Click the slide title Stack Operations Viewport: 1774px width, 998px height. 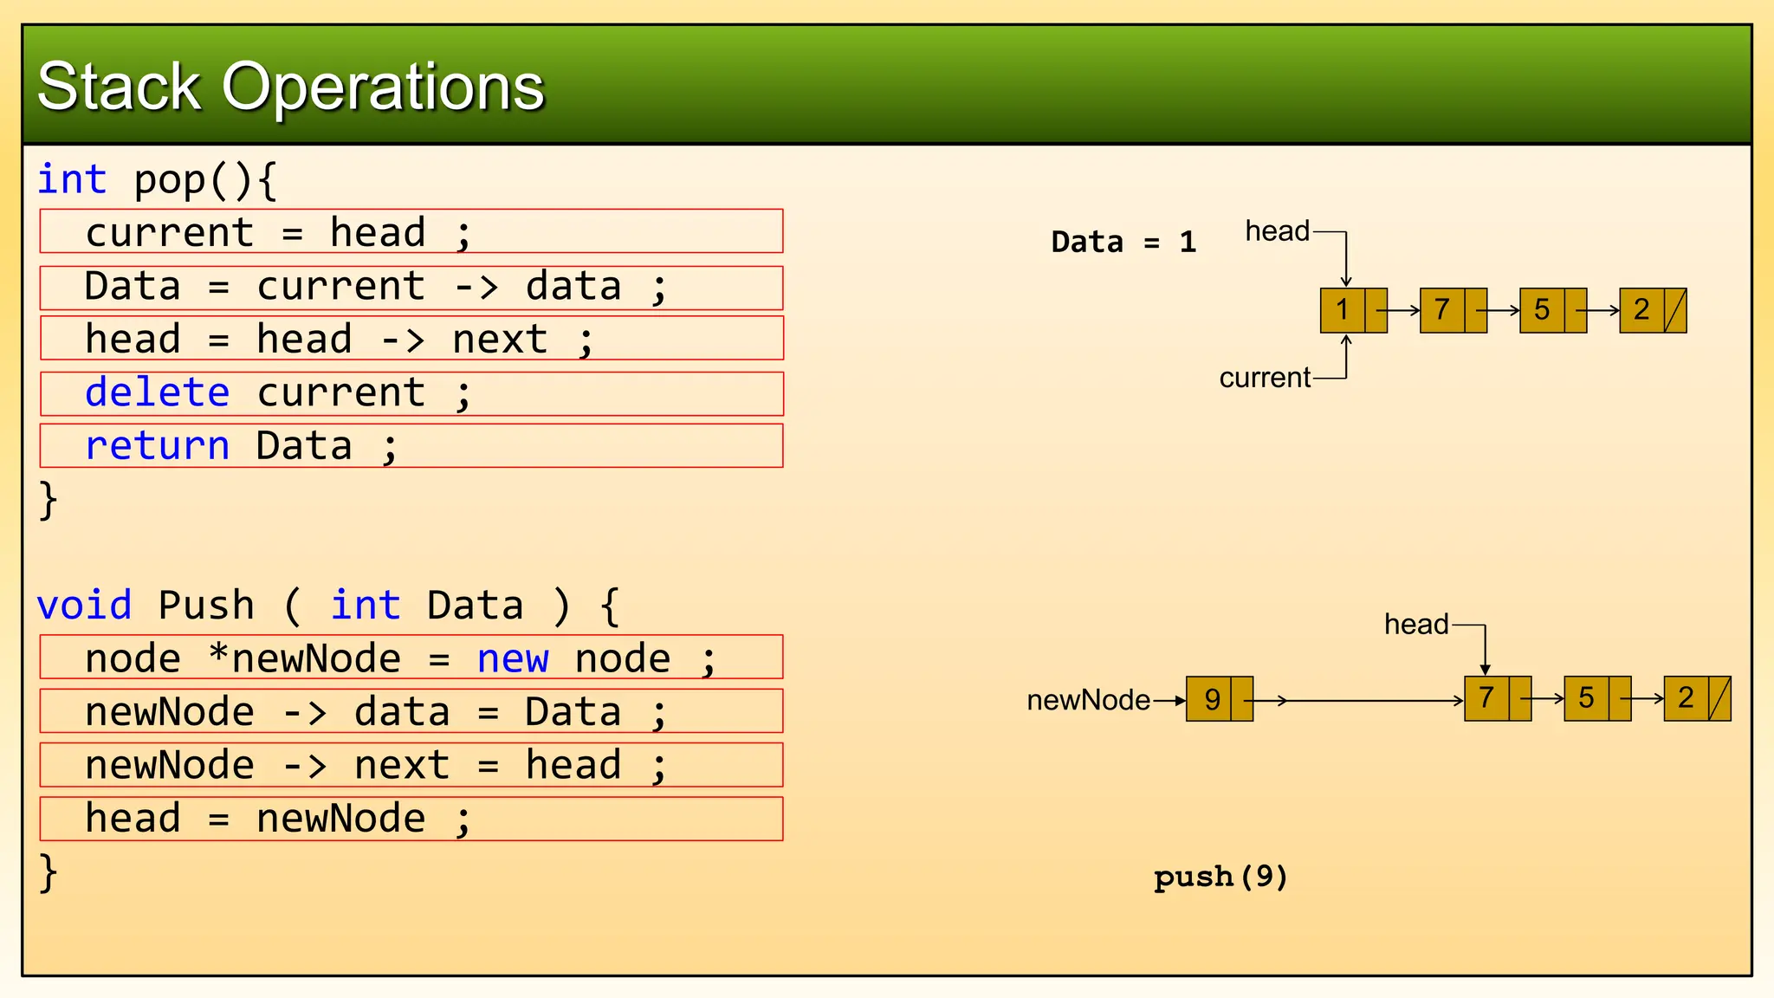pyautogui.click(x=290, y=87)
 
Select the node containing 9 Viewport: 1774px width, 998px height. pyautogui.click(x=1219, y=699)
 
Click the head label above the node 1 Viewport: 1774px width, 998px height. pyautogui.click(x=1277, y=231)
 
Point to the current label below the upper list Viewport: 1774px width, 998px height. pyautogui.click(x=1265, y=378)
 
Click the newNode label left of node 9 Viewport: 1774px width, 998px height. pyautogui.click(x=1088, y=700)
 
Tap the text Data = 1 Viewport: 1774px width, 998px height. pyautogui.click(x=1123, y=242)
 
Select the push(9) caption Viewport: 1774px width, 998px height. pyautogui.click(x=1220, y=877)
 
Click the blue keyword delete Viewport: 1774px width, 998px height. pyautogui.click(x=157, y=393)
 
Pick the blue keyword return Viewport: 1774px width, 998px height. pyautogui.click(x=157, y=446)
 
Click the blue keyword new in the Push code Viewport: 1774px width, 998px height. pyautogui.click(x=512, y=659)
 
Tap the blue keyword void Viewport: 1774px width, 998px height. pyautogui.click(x=84, y=606)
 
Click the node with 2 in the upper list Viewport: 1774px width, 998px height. pyautogui.click(x=1652, y=310)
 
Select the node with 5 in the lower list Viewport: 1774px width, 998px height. pyautogui.click(x=1596, y=699)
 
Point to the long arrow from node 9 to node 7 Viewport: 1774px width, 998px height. pyautogui.click(x=1369, y=700)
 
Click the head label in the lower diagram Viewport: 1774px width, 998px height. pyautogui.click(x=1415, y=625)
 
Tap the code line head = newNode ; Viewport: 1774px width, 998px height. pyautogui.click(x=277, y=819)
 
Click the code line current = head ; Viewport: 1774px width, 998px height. pyautogui.click(x=277, y=233)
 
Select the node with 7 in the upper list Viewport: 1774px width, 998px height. pyautogui.click(x=1453, y=310)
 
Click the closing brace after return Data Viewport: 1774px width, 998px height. pyautogui.click(x=49, y=500)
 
